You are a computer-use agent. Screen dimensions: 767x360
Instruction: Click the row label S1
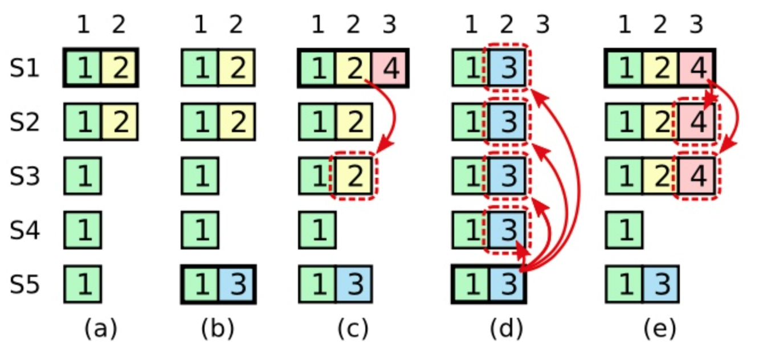[25, 69]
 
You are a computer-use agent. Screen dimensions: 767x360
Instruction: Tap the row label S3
[25, 177]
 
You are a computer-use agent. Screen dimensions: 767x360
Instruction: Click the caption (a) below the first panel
[100, 329]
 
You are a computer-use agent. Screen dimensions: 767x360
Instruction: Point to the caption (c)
[353, 329]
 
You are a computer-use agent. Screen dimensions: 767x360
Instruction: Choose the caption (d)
[505, 329]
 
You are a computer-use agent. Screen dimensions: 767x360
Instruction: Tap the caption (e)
[659, 329]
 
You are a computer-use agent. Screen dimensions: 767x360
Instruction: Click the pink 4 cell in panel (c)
[390, 69]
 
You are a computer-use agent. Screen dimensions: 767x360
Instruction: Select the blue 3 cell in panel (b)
[236, 284]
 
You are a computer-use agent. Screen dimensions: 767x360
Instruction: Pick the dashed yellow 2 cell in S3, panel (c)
[354, 177]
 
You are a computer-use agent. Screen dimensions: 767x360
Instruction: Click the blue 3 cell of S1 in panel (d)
[507, 69]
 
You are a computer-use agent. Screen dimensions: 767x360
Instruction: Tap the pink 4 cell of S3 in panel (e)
[696, 177]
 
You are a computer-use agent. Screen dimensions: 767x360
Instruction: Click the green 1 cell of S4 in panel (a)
[83, 230]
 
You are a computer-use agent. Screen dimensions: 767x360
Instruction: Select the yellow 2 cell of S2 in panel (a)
[119, 122]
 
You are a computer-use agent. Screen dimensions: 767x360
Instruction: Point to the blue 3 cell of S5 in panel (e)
[660, 284]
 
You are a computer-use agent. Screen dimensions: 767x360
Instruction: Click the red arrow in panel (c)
[392, 114]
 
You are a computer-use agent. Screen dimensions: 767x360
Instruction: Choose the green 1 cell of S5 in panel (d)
[471, 284]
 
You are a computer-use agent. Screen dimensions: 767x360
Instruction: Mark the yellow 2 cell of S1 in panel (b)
[236, 69]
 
